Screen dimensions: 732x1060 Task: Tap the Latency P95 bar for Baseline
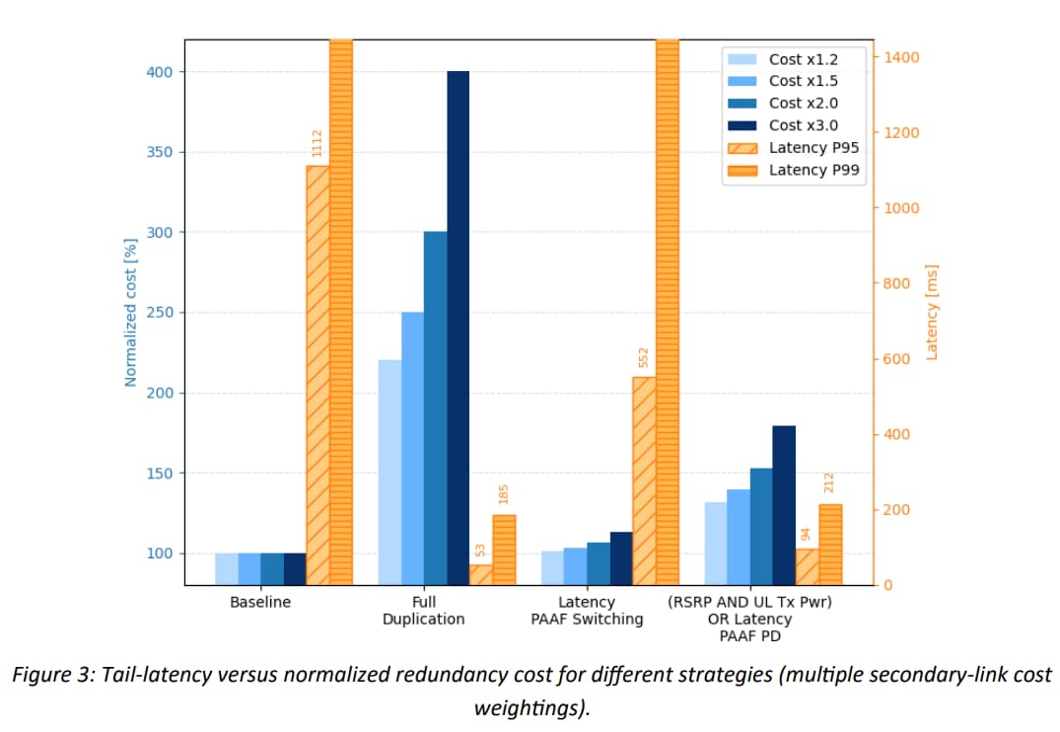tap(318, 375)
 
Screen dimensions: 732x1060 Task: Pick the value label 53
tap(480, 549)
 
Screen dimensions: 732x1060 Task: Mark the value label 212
tap(829, 483)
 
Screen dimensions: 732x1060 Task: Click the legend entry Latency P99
tap(812, 170)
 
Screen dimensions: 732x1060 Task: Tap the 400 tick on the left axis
tap(160, 72)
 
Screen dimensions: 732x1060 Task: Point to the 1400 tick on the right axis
tap(902, 57)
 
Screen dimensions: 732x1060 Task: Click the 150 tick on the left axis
tap(160, 474)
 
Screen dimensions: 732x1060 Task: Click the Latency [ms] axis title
tap(932, 312)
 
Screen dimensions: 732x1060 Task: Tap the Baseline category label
tap(260, 602)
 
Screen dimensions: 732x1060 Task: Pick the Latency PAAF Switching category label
tap(587, 611)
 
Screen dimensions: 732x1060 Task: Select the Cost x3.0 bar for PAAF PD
tap(784, 505)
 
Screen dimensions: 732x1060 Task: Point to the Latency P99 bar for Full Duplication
tap(504, 549)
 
